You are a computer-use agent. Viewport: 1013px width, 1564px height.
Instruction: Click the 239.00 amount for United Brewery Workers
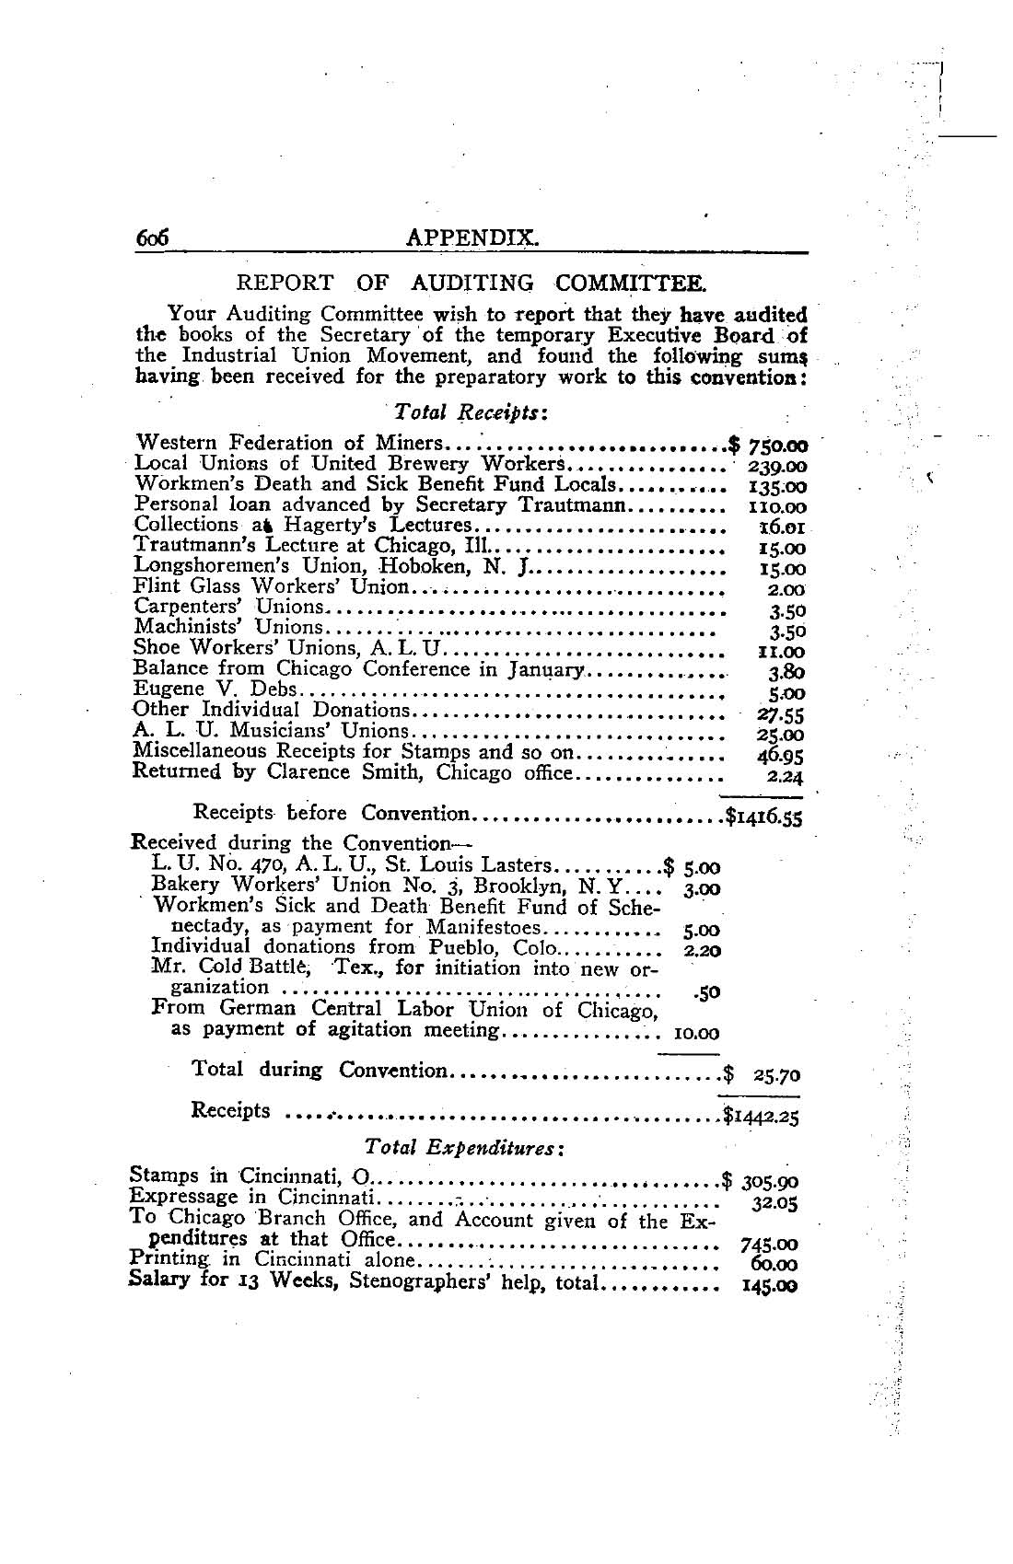[x=780, y=467]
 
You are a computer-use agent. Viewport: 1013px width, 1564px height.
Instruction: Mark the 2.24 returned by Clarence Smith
[x=786, y=775]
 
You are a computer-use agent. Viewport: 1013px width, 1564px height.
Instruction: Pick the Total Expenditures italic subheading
[x=464, y=1148]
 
